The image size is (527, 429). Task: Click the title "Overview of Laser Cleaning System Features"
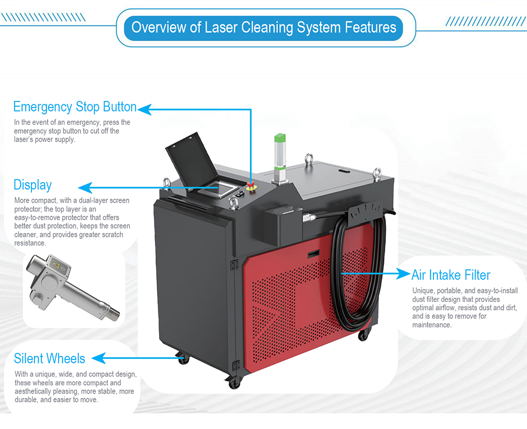click(x=264, y=27)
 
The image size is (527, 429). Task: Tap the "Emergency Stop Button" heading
click(x=75, y=107)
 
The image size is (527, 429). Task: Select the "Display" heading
click(x=32, y=185)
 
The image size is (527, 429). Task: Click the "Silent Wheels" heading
click(x=49, y=358)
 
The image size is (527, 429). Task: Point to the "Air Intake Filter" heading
click(x=450, y=275)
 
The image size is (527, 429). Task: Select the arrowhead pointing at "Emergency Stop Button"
click(x=144, y=109)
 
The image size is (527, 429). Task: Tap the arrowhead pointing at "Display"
click(x=85, y=188)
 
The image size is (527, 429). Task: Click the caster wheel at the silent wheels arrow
click(x=182, y=359)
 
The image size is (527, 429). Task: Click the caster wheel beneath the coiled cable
click(x=363, y=334)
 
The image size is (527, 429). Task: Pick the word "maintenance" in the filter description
click(x=431, y=325)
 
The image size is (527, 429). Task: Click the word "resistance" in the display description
click(x=29, y=243)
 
